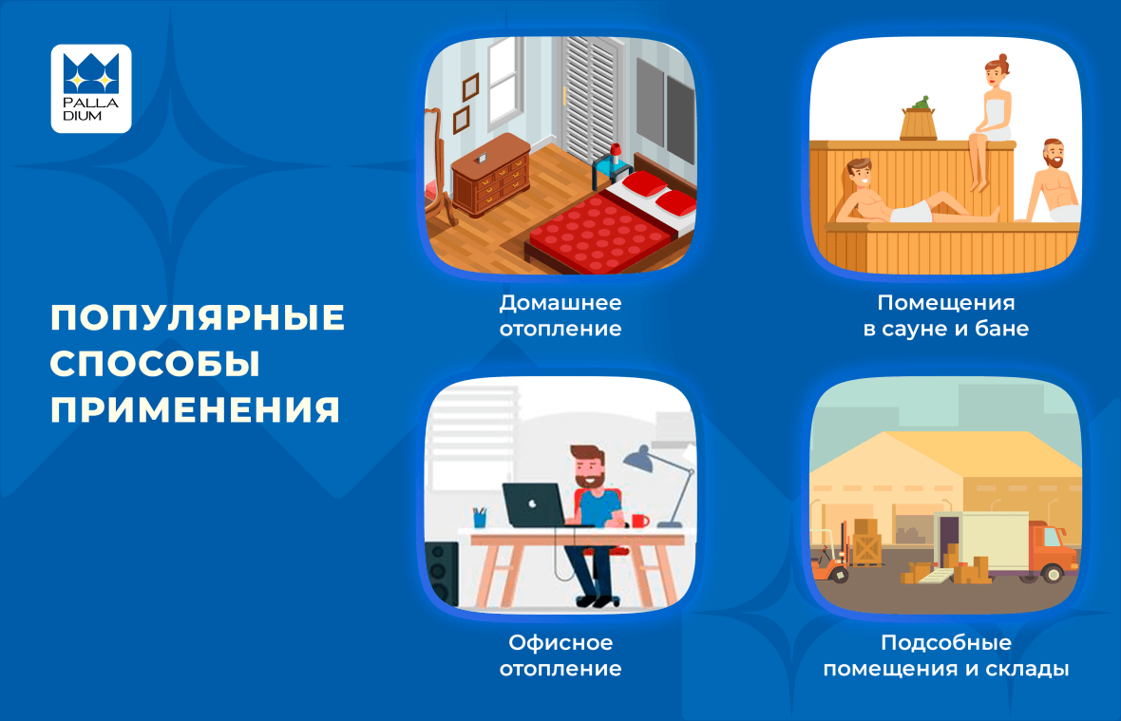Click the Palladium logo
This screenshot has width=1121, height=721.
91,88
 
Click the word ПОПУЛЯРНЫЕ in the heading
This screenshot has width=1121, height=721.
198,318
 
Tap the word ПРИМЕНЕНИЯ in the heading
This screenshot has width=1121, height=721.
195,410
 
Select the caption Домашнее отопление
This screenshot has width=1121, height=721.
560,315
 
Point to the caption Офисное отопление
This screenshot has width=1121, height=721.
560,655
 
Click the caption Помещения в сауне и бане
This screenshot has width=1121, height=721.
946,315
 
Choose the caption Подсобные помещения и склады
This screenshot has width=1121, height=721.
946,655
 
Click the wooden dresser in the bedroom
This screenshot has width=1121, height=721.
490,175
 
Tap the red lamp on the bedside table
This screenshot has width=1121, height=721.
615,154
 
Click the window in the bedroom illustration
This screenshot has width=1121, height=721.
505,83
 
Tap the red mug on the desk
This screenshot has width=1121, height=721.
640,521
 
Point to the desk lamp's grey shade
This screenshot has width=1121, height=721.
639,460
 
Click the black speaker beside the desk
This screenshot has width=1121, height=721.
442,574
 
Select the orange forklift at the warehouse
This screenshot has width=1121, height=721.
830,561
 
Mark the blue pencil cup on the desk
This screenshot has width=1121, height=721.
479,518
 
